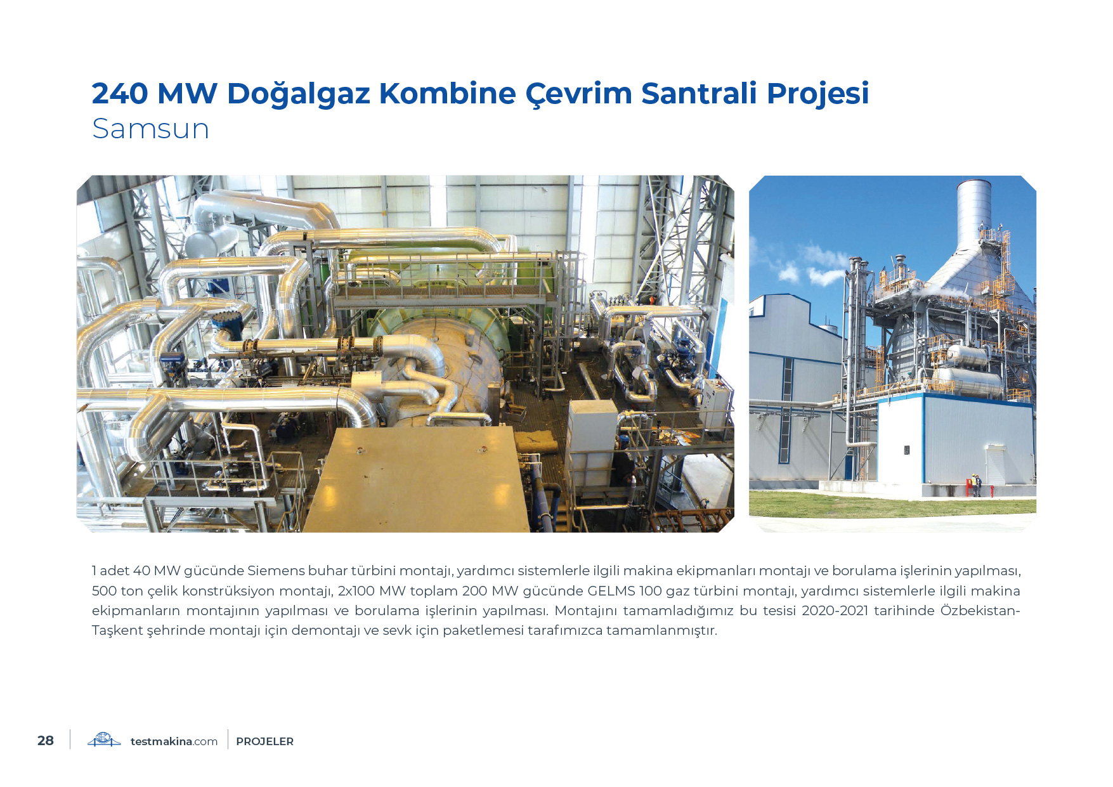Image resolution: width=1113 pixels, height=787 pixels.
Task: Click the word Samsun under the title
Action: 150,129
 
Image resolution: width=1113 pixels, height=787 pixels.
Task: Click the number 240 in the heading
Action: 120,93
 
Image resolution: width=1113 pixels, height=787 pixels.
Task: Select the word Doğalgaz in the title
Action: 299,94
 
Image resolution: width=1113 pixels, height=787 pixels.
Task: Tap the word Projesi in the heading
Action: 818,94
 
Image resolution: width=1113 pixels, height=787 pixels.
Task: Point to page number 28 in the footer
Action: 46,741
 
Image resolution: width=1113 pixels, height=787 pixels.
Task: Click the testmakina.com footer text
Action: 174,741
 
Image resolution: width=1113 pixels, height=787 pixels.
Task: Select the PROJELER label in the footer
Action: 264,741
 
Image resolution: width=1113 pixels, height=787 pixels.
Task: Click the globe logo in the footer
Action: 104,740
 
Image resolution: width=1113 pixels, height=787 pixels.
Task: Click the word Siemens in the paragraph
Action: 276,571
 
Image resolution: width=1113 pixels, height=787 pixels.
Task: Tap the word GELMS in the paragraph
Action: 611,591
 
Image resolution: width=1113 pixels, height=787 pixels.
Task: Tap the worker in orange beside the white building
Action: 977,485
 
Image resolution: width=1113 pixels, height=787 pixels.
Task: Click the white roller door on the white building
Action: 996,465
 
